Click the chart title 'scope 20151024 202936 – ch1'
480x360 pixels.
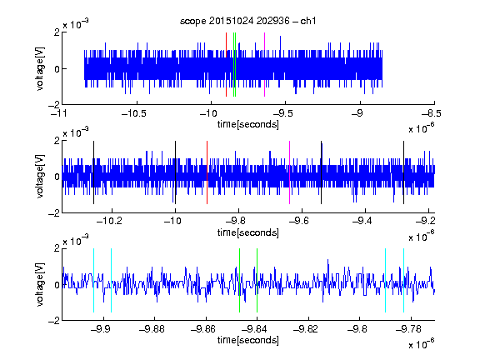click(247, 21)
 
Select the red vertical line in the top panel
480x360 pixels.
click(226, 65)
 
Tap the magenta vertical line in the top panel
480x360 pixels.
click(264, 65)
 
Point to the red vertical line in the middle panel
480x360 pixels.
click(207, 172)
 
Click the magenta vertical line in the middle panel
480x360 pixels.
click(290, 172)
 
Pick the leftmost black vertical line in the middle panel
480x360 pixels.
click(93, 172)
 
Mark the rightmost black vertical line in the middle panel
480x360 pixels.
click(404, 172)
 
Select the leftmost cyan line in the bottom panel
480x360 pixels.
click(93, 280)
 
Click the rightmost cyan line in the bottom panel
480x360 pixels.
click(404, 280)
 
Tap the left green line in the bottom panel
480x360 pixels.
click(239, 280)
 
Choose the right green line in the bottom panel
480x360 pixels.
click(257, 280)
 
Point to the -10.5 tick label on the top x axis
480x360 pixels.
click(134, 114)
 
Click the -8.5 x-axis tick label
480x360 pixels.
click(431, 114)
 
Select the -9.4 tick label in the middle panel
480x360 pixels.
click(362, 221)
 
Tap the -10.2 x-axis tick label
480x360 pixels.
click(109, 221)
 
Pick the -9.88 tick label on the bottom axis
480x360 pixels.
click(152, 329)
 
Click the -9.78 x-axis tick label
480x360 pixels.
click(408, 329)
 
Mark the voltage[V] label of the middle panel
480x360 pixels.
click(40, 177)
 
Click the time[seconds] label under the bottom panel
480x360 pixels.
click(248, 340)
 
